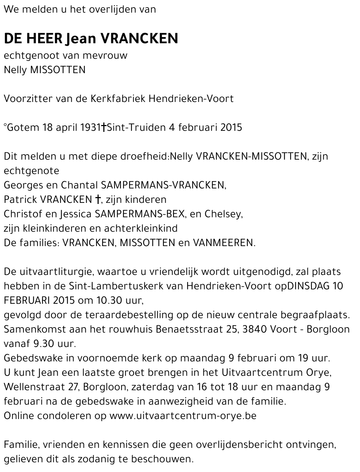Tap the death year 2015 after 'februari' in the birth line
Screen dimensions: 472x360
(x=231, y=127)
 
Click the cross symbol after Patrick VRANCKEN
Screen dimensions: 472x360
(x=97, y=199)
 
